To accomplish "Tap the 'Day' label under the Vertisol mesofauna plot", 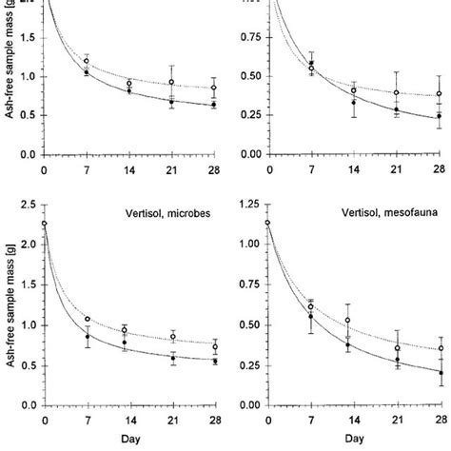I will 353,441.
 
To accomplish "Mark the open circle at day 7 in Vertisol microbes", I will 88,319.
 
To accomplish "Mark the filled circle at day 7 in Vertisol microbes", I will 88,336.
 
